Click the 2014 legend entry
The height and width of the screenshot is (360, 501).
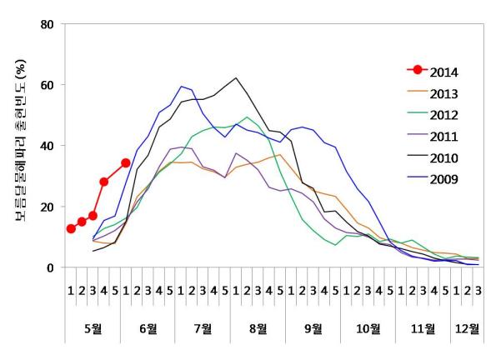442,73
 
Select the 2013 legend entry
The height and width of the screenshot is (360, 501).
442,94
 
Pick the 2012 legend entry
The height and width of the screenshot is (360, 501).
442,115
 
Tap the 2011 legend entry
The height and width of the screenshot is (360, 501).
442,136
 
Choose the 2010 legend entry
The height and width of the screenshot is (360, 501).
442,157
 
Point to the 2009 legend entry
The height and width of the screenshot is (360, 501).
442,178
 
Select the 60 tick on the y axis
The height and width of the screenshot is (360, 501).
47,85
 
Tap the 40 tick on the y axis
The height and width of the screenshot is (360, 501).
47,146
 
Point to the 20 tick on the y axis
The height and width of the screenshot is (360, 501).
47,207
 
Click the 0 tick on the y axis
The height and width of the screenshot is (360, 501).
51,267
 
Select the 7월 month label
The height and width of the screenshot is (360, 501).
203,327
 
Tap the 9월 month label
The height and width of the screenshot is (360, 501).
313,327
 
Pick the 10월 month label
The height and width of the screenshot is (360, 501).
368,327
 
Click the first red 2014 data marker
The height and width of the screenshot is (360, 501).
71,229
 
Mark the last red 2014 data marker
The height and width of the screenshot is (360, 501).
126,163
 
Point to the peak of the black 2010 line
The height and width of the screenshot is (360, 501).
236,78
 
